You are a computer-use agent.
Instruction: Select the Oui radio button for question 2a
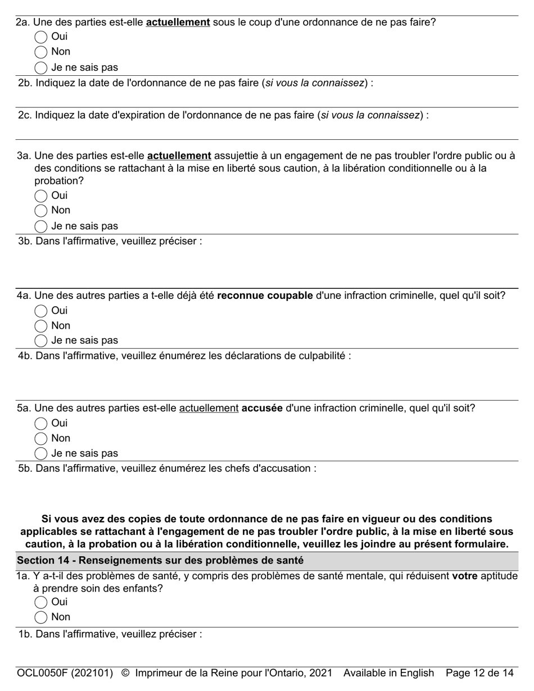pos(41,37)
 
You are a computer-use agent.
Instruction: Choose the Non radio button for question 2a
pos(41,52)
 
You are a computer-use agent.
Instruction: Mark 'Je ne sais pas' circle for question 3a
pos(41,226)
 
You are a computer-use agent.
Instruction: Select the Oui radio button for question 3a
pos(41,196)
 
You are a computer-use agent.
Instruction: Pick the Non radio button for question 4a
pos(41,326)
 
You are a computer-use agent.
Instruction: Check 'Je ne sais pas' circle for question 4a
pos(41,340)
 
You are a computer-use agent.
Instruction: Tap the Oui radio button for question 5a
pos(41,424)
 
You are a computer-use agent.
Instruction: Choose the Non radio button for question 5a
pos(41,439)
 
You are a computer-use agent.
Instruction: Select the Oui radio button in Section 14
pos(41,602)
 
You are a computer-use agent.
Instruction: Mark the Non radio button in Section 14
pos(41,617)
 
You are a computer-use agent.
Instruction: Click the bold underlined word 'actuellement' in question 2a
pos(178,22)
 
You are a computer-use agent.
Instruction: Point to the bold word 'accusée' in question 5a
pos(262,408)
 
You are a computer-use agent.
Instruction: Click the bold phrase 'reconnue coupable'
pos(265,296)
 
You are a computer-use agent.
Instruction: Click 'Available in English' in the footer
pos(388,673)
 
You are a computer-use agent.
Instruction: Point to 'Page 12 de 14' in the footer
pos(479,673)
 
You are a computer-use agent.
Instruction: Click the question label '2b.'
pos(25,83)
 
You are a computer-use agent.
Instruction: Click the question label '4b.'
pos(25,356)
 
